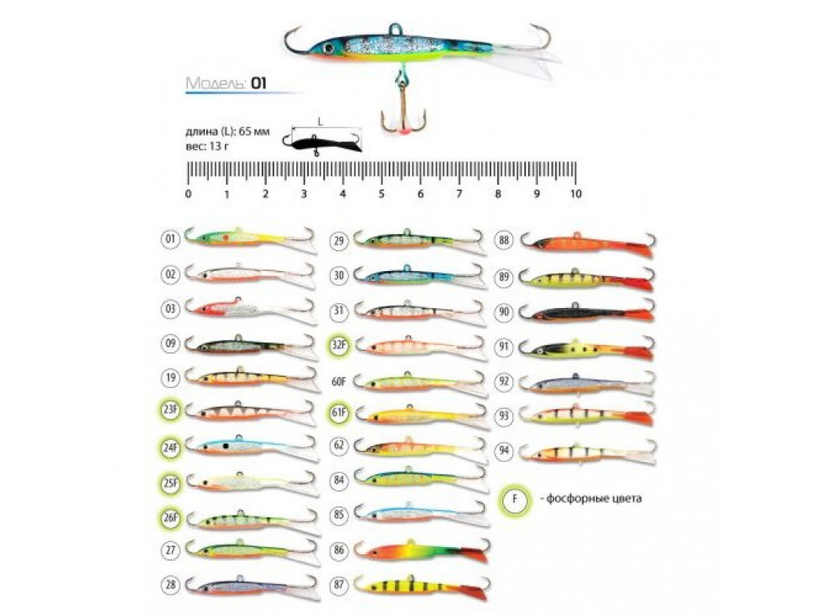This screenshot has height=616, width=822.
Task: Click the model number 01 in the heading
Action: (x=258, y=83)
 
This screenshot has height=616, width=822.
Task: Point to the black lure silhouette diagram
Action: (x=321, y=143)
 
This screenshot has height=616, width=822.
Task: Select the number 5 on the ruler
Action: (x=381, y=193)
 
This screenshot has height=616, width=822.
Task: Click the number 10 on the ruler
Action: (x=575, y=193)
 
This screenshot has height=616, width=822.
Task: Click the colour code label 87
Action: (x=340, y=585)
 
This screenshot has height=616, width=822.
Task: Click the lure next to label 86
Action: (x=421, y=552)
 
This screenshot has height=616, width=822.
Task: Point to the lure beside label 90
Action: (x=586, y=313)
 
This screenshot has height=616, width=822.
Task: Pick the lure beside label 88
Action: (x=586, y=243)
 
